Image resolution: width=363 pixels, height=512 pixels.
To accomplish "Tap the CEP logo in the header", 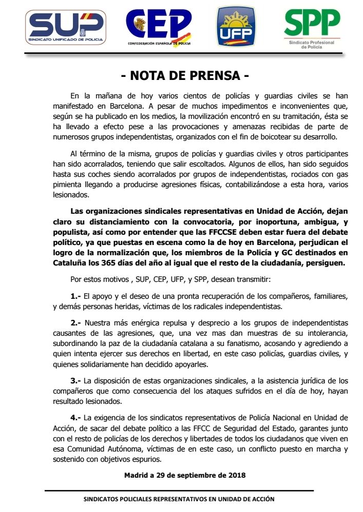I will coord(159,29).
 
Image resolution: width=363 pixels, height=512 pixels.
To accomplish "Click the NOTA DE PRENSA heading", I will coord(185,76).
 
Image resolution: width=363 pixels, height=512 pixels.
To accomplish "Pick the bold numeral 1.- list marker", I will coord(75,296).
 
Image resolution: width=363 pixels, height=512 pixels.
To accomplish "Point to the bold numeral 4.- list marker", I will coord(75,417).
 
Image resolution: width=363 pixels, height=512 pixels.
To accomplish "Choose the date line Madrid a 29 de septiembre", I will coord(185,475).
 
